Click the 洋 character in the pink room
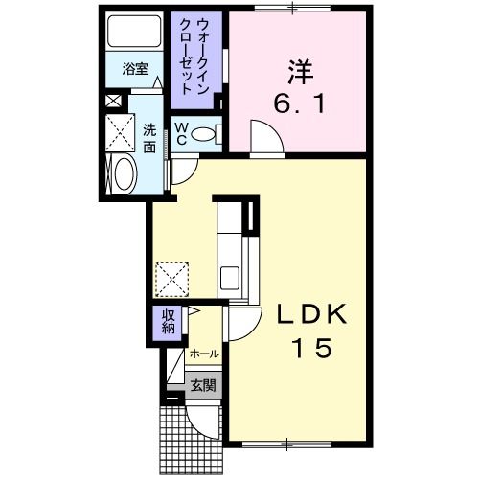(x=299, y=70)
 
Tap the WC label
(x=180, y=134)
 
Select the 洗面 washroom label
(x=151, y=138)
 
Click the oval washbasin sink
(x=124, y=175)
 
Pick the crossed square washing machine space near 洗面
(x=121, y=131)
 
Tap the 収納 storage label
(x=168, y=323)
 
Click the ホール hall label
(x=203, y=354)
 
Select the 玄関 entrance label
(x=202, y=387)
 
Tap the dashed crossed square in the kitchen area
(x=173, y=279)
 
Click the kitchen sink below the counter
(x=231, y=278)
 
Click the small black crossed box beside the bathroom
(x=113, y=99)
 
